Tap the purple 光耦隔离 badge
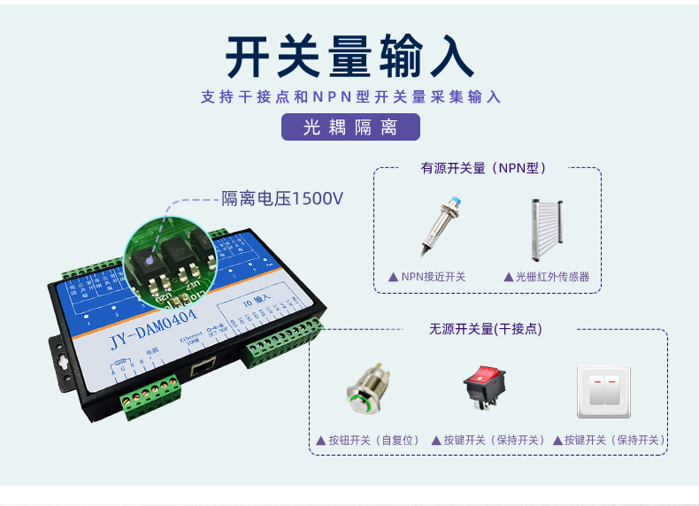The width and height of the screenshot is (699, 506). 350,126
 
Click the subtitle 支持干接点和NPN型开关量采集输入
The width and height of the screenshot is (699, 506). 350,96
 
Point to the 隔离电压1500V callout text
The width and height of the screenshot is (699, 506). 281,199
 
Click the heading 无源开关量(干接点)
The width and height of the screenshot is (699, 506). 486,329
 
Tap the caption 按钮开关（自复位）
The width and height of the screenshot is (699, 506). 365,440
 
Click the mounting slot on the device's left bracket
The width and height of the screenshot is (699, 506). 60,361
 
